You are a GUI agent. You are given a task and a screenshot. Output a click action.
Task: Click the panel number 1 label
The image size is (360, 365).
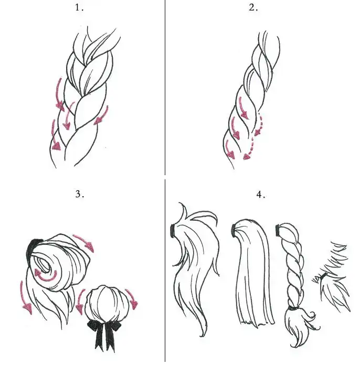[79, 8]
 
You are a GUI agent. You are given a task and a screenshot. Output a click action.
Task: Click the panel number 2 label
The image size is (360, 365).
[253, 8]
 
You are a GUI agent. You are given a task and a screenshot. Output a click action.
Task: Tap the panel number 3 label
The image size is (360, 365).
[79, 194]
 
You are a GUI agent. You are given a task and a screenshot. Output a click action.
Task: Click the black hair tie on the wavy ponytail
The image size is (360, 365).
[173, 231]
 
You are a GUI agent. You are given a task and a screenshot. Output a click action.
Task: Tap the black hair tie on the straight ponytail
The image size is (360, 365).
[233, 231]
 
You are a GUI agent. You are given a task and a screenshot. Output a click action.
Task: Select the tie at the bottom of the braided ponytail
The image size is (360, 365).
[293, 309]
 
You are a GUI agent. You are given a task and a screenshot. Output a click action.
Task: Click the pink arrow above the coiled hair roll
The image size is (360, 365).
[84, 243]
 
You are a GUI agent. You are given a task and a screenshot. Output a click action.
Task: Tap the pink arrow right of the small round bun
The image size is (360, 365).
[132, 299]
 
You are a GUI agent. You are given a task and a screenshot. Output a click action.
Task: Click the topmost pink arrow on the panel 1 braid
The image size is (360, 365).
[59, 94]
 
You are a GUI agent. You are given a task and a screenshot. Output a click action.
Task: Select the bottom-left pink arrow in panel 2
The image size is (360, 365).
[229, 149]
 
